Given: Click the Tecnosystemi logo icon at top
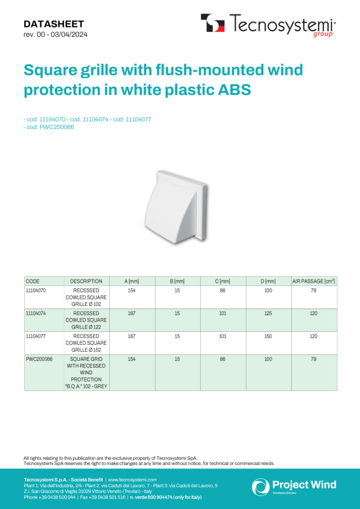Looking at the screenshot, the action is tap(213, 23).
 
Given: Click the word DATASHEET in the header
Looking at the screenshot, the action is tap(54, 24).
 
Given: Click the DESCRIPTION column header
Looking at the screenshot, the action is tap(86, 281).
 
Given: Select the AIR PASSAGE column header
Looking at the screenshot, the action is tap(314, 281).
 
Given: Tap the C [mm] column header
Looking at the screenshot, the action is tap(223, 281).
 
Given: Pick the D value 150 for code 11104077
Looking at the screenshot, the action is tap(268, 336).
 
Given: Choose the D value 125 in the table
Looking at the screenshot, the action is tap(268, 313).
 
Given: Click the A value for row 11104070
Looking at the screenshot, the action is tap(132, 290).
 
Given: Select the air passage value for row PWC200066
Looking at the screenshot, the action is tap(313, 359).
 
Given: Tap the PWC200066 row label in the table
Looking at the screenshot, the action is tap(39, 359).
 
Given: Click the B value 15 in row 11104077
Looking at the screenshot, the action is tap(177, 336).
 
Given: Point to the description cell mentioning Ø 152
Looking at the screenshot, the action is tap(86, 343).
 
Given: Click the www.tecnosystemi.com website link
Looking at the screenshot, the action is tap(132, 479).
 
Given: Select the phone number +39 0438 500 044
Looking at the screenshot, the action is tap(50, 497).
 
